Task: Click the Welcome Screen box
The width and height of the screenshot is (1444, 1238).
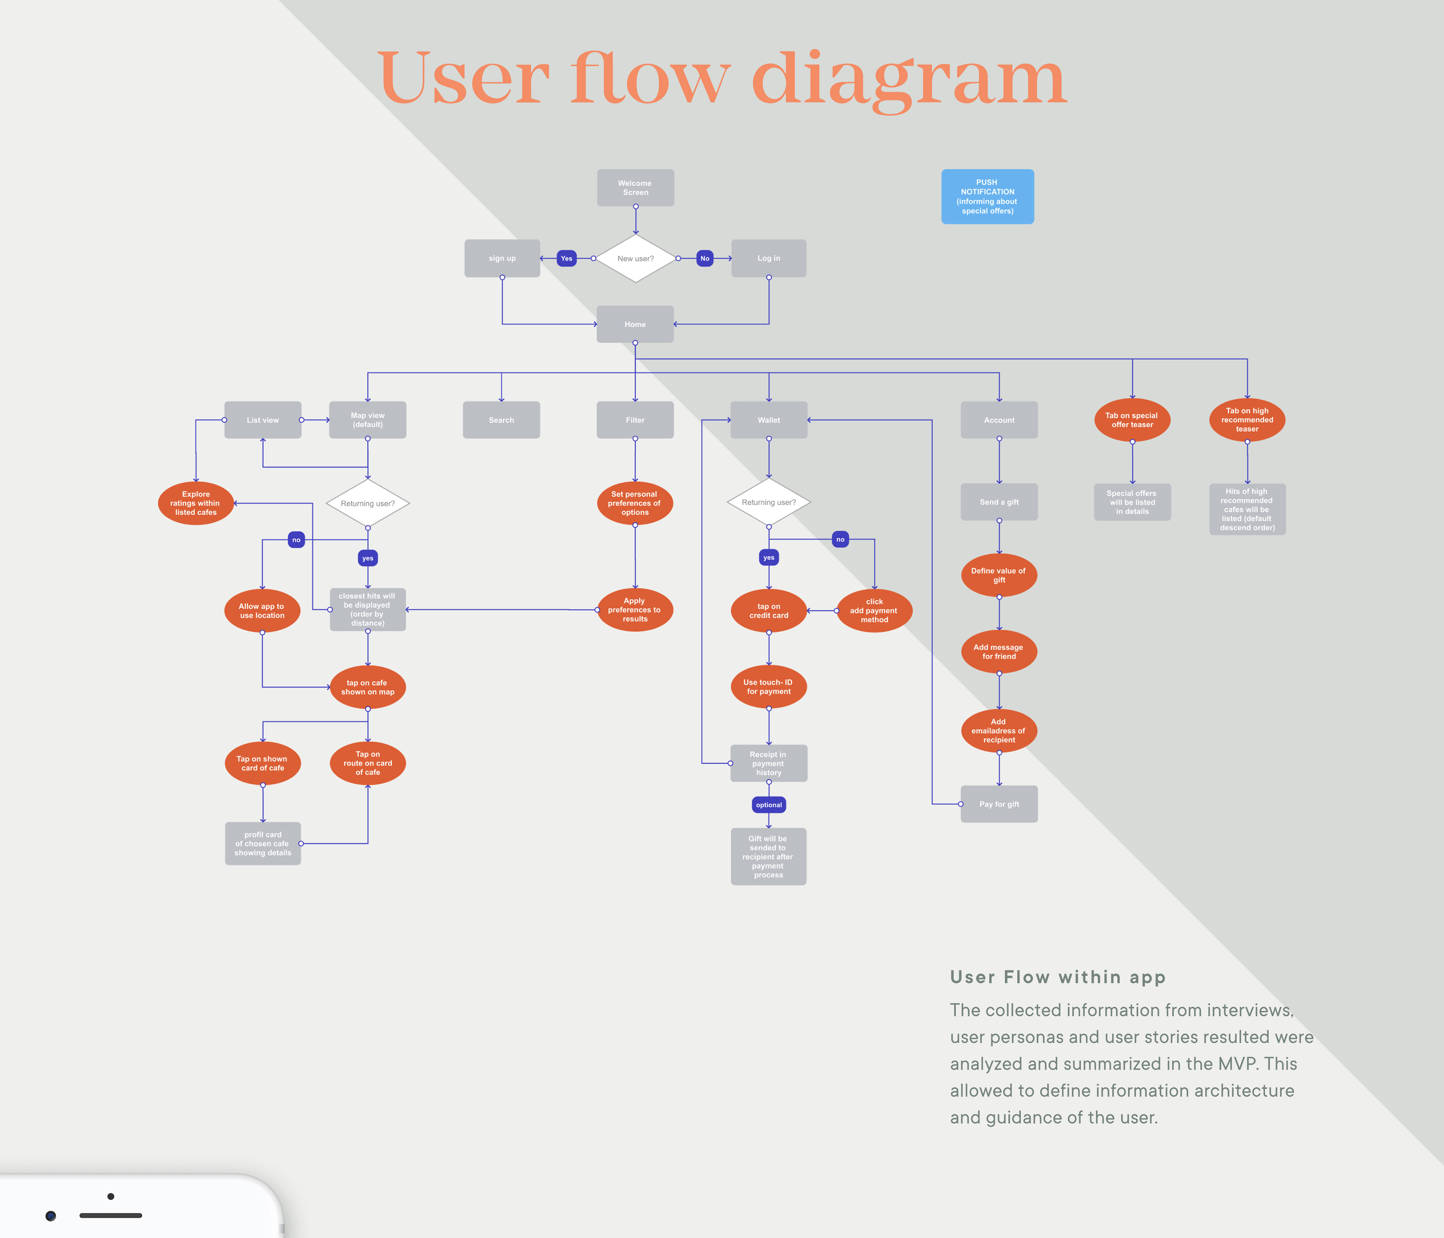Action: [635, 187]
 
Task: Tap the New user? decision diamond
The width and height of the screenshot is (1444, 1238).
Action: [635, 258]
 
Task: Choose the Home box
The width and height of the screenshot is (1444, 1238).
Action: [635, 324]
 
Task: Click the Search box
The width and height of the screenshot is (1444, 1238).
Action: [501, 420]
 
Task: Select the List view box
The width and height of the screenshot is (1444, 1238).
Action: [263, 420]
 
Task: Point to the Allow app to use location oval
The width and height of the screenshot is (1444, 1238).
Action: [262, 611]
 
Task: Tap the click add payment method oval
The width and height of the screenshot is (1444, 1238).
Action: [874, 611]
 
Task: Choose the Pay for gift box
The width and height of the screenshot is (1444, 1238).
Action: [999, 804]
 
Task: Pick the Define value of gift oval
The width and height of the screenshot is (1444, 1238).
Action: [999, 575]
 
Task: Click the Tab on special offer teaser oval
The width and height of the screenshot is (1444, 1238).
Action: [1132, 420]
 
